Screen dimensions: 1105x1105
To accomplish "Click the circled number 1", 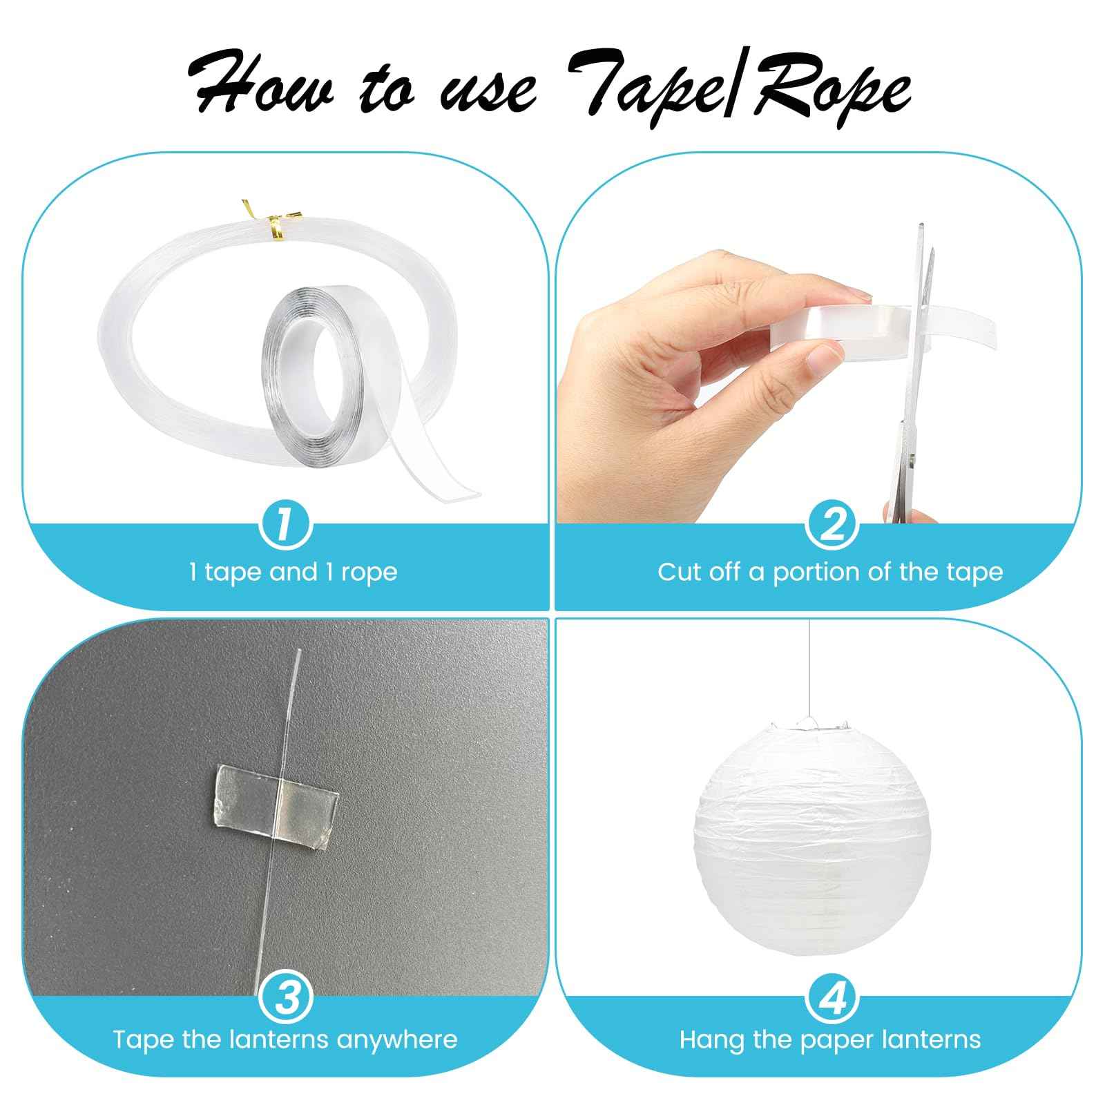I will click(285, 526).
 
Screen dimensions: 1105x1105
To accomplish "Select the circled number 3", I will click(285, 996).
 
